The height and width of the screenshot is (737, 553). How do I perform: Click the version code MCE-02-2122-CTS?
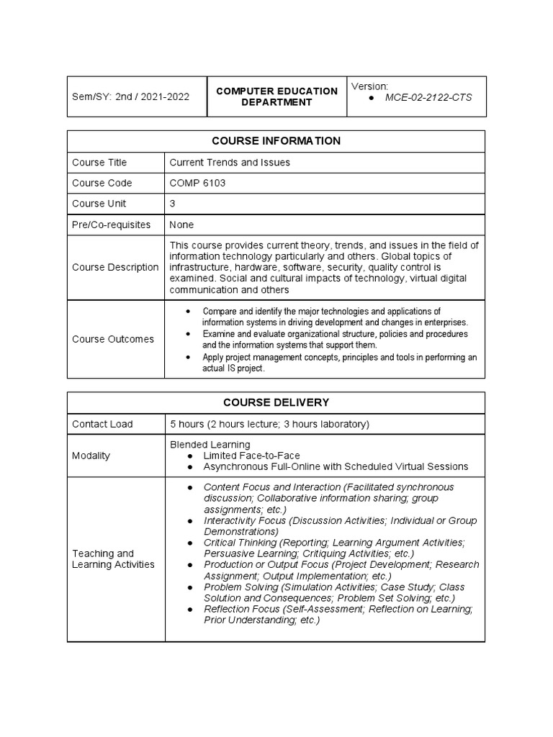(x=428, y=97)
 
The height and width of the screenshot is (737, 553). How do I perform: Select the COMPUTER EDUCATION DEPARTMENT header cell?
(x=276, y=96)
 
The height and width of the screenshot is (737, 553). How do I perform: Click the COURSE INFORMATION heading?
(x=276, y=141)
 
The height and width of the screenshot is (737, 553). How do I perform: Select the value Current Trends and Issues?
(x=230, y=163)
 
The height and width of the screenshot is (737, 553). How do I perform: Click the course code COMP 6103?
(x=197, y=183)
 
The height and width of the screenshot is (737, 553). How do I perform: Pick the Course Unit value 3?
(x=173, y=204)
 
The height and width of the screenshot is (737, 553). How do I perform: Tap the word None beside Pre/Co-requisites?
(x=181, y=225)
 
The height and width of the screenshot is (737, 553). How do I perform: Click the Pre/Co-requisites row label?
(x=112, y=225)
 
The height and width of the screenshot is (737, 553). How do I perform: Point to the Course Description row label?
(x=115, y=267)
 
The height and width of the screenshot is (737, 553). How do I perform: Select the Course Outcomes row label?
(x=113, y=339)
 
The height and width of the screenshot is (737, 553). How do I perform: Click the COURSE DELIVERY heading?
(x=276, y=402)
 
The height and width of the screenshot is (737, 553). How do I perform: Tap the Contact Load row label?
(x=102, y=424)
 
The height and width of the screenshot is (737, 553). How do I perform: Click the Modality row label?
(x=91, y=456)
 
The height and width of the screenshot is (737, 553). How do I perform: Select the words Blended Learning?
(x=210, y=445)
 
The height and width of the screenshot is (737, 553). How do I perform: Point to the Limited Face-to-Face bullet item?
(x=251, y=456)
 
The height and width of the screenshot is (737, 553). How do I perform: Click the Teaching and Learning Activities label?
(x=113, y=559)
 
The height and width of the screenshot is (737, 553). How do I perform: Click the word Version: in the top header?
(x=369, y=86)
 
